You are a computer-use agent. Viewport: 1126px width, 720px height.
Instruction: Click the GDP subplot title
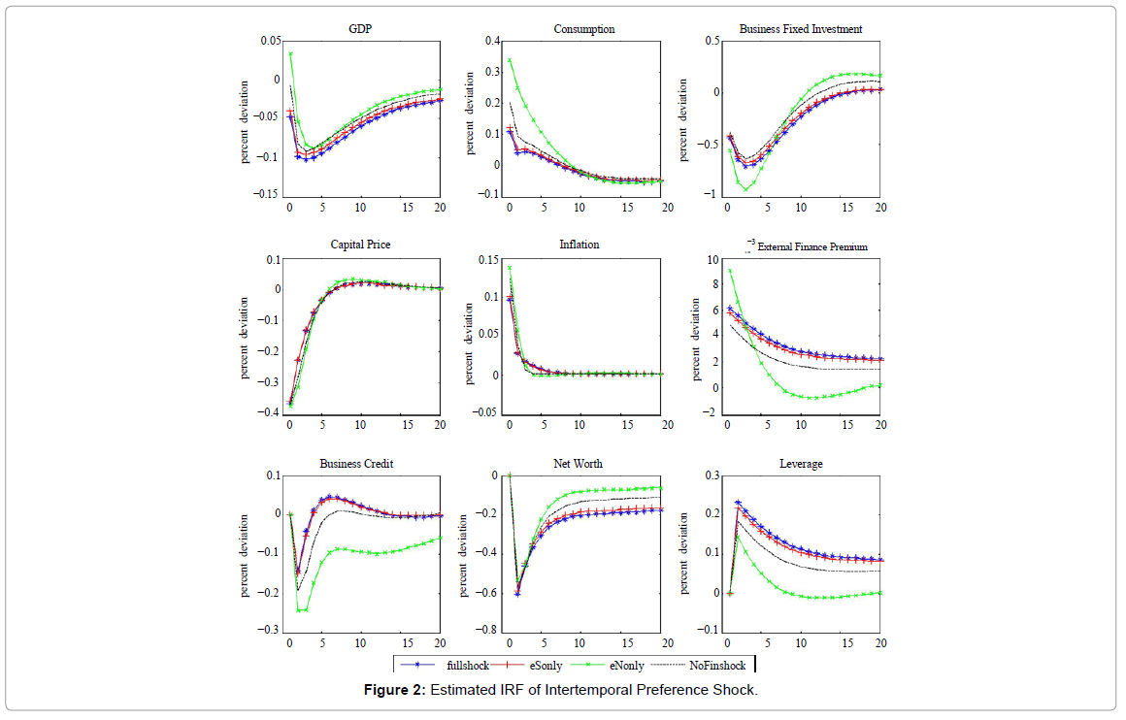coord(360,29)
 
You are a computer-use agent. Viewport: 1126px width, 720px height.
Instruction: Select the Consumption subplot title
coord(584,29)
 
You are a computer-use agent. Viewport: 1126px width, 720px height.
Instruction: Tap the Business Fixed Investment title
coord(800,29)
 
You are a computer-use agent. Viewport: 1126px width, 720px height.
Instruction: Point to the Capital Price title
coord(360,245)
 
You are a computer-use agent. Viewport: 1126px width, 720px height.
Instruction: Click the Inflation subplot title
coord(580,245)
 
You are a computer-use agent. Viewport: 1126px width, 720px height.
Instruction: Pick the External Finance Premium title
coord(811,247)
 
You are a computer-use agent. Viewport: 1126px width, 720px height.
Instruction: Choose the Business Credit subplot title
coord(356,464)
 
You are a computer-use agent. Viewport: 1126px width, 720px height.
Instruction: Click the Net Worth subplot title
coord(580,464)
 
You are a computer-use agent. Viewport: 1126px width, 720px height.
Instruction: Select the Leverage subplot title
coord(801,464)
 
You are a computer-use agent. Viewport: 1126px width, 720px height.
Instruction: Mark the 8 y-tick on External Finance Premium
coord(714,285)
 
